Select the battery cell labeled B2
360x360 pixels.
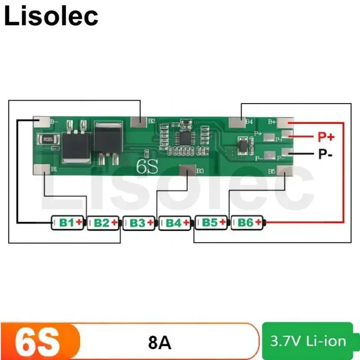coord(103,222)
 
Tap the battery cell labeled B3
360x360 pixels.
coord(139,222)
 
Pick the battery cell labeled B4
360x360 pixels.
coord(175,222)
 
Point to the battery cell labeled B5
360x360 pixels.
coord(211,222)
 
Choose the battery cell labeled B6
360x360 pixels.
coord(247,222)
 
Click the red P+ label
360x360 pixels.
coord(327,136)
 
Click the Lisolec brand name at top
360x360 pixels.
coord(51,16)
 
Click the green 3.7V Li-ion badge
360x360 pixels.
coord(309,341)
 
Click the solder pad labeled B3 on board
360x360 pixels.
coord(187,171)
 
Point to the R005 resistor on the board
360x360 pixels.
coord(46,139)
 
